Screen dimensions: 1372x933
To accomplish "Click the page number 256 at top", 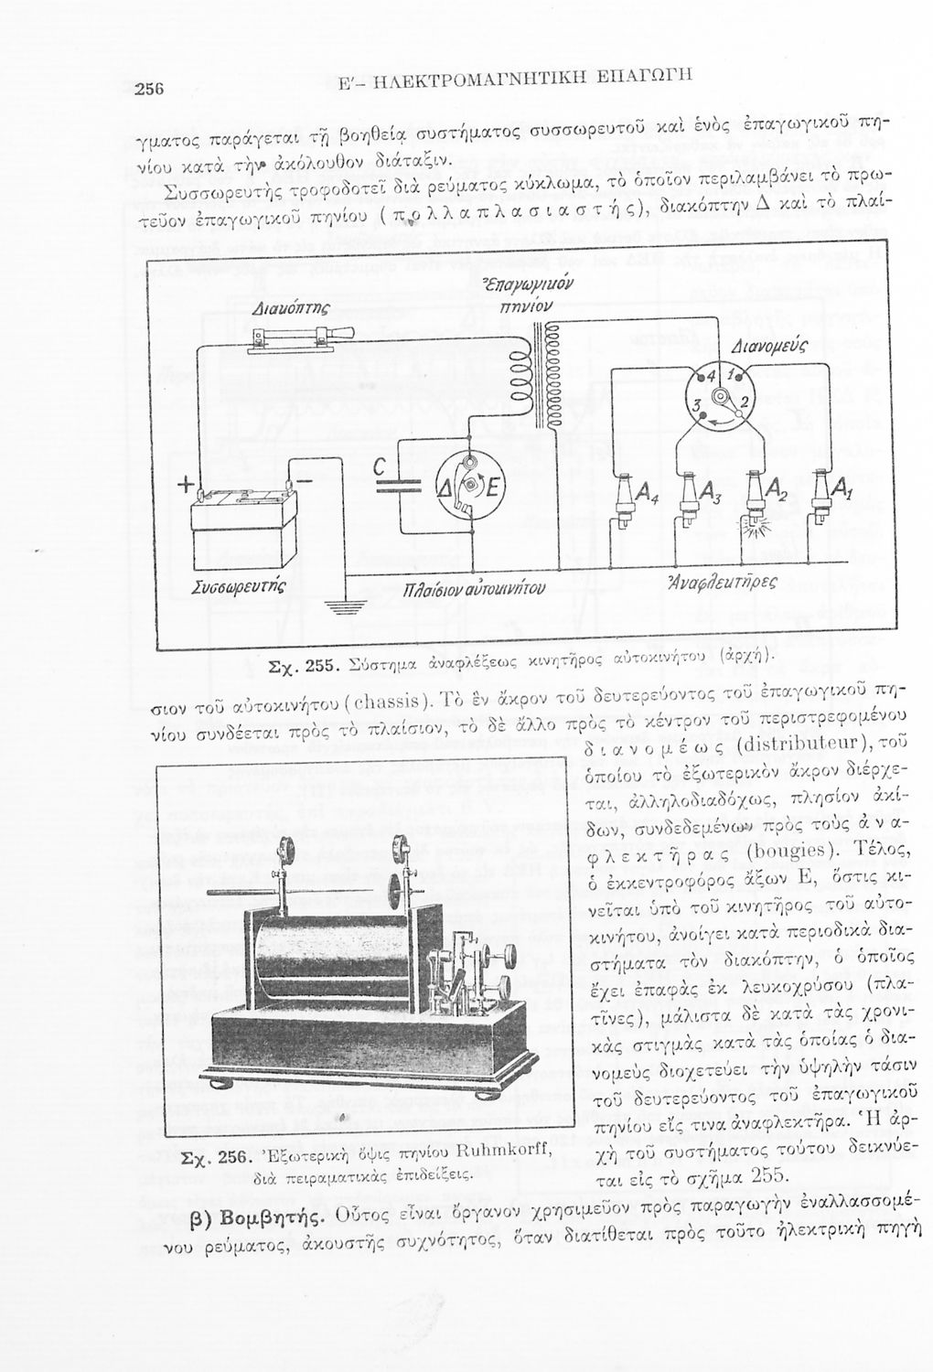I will point(148,89).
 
